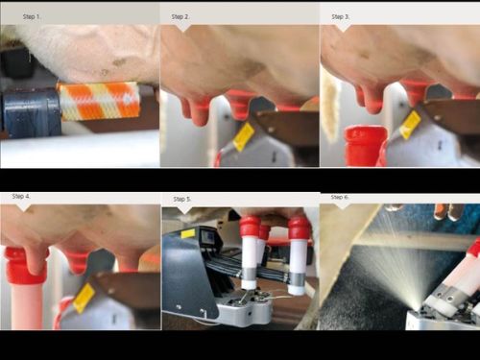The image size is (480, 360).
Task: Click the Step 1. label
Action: coord(32,16)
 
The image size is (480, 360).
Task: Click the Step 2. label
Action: coord(180,16)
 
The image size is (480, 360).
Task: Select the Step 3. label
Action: coord(341,16)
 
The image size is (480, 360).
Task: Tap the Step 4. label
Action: coord(21,196)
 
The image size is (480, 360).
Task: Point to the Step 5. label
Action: coord(182,199)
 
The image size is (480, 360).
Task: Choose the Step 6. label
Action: coord(340,197)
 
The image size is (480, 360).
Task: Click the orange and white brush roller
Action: coord(99,101)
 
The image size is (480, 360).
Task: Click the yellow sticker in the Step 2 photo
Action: coord(244,137)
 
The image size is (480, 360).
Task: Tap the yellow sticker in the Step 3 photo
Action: coord(410,125)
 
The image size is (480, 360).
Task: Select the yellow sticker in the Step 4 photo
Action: coord(84,299)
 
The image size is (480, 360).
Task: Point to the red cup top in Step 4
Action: coord(27,266)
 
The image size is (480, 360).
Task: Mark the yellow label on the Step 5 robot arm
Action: coord(188,234)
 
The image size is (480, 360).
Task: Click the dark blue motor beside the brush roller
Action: coord(32,113)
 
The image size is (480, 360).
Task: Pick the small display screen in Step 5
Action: coord(209,237)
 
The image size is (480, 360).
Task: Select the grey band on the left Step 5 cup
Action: coord(250,274)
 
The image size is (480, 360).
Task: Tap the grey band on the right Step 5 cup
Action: coord(298,278)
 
